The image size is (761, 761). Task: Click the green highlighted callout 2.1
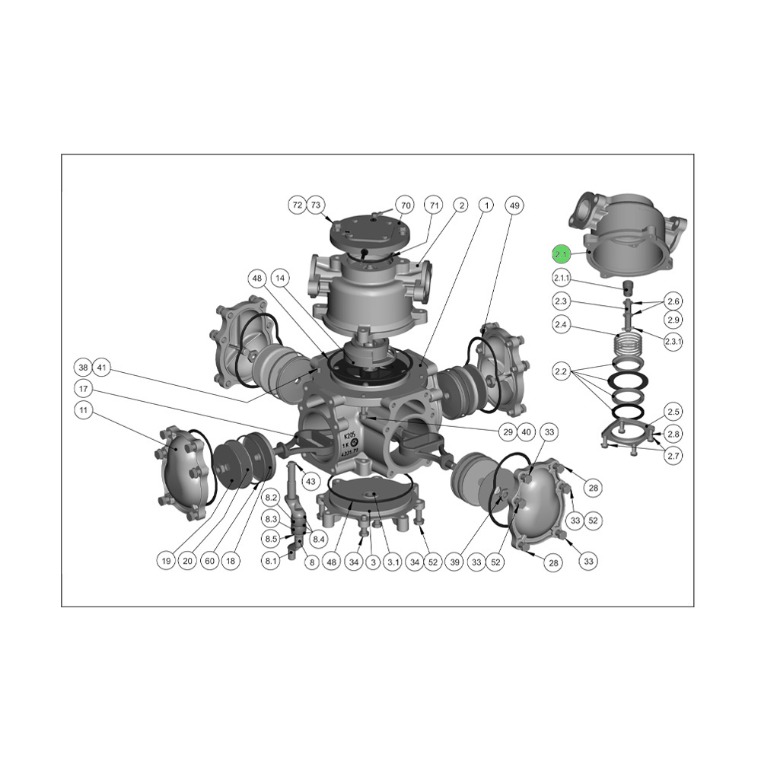point(562,254)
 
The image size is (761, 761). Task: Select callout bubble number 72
point(298,205)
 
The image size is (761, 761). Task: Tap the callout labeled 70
point(406,205)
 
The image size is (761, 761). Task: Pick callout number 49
point(514,205)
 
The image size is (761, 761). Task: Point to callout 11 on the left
point(84,410)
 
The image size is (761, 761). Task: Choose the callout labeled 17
point(84,388)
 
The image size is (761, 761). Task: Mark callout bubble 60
point(209,562)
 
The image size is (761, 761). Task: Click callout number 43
point(310,482)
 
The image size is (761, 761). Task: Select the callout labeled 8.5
point(271,539)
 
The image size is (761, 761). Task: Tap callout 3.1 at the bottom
point(393,562)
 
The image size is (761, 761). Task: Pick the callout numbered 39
point(456,562)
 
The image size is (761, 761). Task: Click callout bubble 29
point(508,431)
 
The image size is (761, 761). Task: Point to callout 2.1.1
point(562,278)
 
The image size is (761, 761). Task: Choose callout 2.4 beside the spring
point(562,325)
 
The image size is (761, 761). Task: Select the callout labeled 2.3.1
point(673,342)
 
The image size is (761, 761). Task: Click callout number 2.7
point(673,456)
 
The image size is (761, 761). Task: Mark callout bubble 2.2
point(562,371)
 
